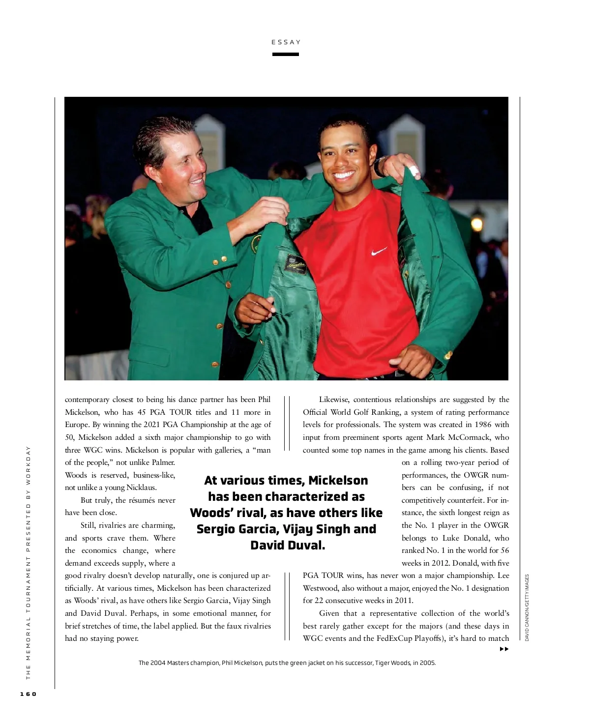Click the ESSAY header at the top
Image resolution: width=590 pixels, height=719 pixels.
coord(286,42)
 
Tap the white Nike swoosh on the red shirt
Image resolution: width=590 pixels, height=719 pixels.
coord(379,252)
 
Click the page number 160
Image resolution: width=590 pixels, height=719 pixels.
coord(28,694)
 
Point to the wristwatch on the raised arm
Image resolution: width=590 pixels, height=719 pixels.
coord(379,167)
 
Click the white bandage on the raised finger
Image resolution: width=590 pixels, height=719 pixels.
coord(414,171)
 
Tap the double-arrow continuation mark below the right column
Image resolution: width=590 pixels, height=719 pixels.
coord(504,649)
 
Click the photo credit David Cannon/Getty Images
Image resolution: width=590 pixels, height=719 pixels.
coord(527,607)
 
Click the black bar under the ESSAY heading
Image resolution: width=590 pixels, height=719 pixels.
coord(286,54)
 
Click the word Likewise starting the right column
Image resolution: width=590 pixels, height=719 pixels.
coord(334,400)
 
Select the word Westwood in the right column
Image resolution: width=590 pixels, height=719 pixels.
coord(321,588)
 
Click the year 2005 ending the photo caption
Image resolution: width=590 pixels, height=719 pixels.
coord(427,663)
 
